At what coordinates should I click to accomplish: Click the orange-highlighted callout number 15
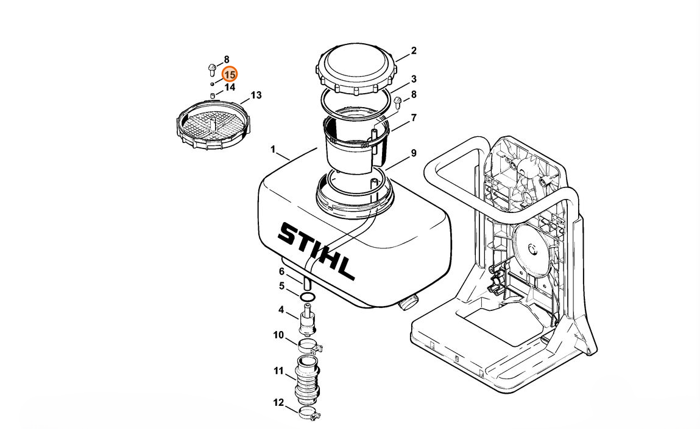pyautogui.click(x=230, y=74)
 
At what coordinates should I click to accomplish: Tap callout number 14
pyautogui.click(x=230, y=88)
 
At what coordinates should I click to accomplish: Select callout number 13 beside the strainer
pyautogui.click(x=256, y=96)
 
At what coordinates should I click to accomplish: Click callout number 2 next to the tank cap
pyautogui.click(x=414, y=51)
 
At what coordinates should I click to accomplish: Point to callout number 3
pyautogui.click(x=414, y=79)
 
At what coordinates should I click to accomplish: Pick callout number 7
pyautogui.click(x=414, y=117)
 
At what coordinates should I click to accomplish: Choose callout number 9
pyautogui.click(x=414, y=153)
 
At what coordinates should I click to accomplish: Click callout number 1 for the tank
pyautogui.click(x=273, y=150)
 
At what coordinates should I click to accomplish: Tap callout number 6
pyautogui.click(x=281, y=271)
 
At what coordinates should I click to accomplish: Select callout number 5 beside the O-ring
pyautogui.click(x=281, y=286)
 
